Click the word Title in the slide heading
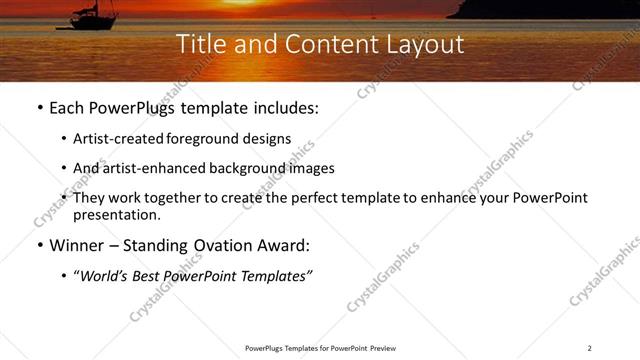click(199, 44)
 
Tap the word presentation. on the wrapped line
click(116, 214)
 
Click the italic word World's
click(105, 276)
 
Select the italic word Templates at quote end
click(282, 276)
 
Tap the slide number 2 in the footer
click(589, 348)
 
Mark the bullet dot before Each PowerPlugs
click(39, 107)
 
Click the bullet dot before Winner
click(39, 245)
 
